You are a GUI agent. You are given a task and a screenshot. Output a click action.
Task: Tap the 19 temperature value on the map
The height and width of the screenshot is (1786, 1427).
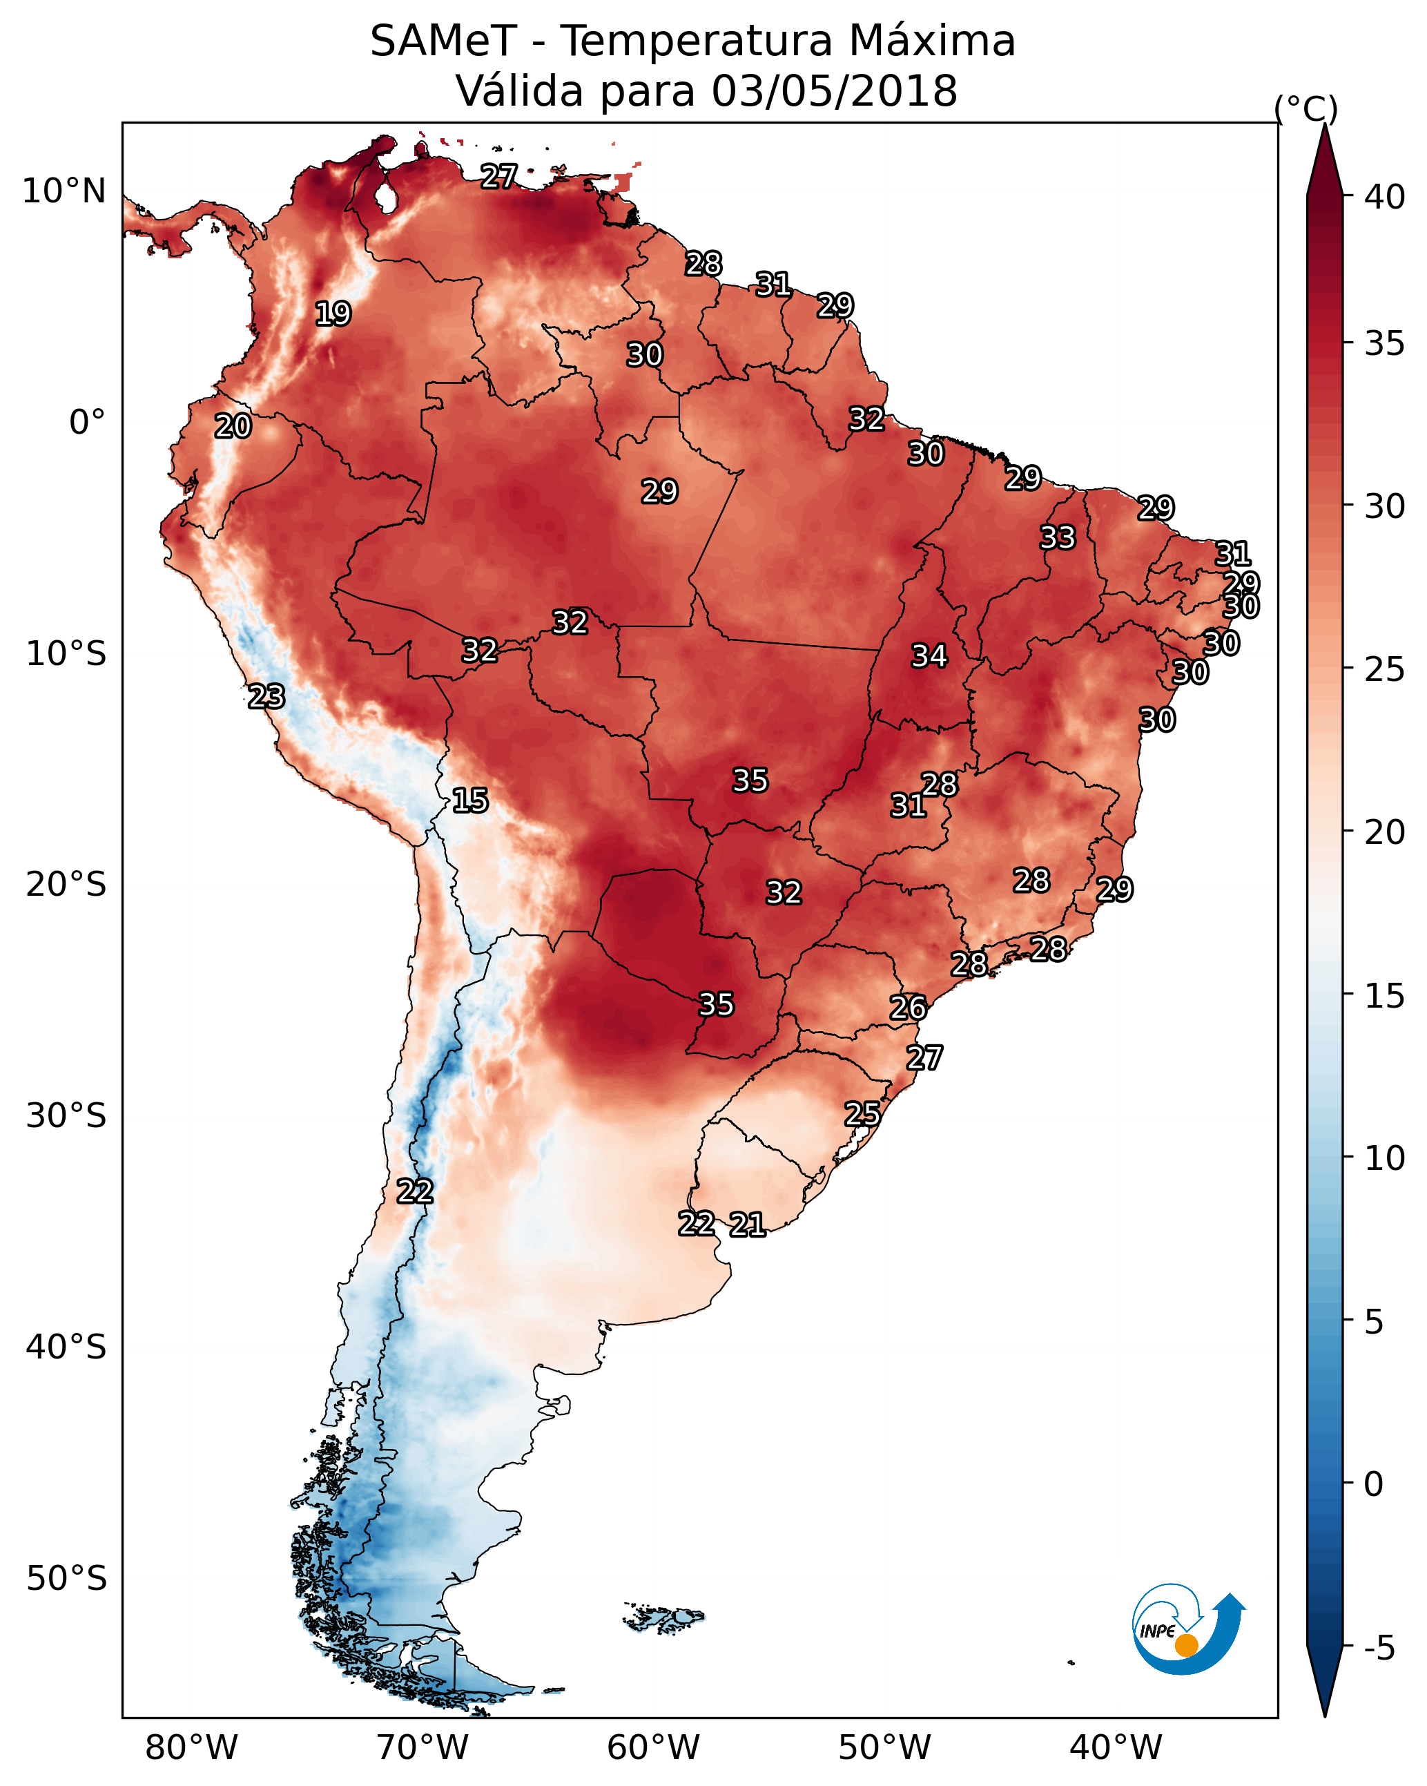[333, 314]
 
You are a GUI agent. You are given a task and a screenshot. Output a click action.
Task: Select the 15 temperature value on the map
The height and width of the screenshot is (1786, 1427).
[469, 800]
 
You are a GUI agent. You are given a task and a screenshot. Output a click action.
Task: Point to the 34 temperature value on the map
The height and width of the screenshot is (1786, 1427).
[929, 656]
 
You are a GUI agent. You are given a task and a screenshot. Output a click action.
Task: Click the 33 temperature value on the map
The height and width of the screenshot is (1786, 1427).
[1057, 537]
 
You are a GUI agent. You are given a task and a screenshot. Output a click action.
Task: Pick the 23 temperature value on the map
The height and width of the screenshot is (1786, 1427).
[266, 697]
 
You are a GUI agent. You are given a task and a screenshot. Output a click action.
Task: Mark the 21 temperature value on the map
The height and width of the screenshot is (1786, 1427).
[747, 1225]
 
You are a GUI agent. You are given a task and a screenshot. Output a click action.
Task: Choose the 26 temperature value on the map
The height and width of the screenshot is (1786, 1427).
[908, 1008]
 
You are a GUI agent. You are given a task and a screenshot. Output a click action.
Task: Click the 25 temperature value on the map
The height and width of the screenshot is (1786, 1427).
[862, 1114]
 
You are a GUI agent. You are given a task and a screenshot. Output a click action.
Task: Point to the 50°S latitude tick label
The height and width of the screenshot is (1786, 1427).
[66, 1578]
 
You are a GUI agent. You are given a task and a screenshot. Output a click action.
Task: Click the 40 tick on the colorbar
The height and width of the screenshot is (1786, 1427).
[1384, 197]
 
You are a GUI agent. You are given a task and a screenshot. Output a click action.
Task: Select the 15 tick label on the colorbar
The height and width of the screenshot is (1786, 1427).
[1384, 996]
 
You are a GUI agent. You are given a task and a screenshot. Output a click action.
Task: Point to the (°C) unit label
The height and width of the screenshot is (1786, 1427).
[1305, 108]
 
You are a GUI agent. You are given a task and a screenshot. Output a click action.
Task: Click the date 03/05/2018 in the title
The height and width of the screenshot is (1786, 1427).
[834, 91]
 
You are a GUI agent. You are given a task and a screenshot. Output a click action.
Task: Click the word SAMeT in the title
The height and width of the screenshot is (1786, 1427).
[443, 41]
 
